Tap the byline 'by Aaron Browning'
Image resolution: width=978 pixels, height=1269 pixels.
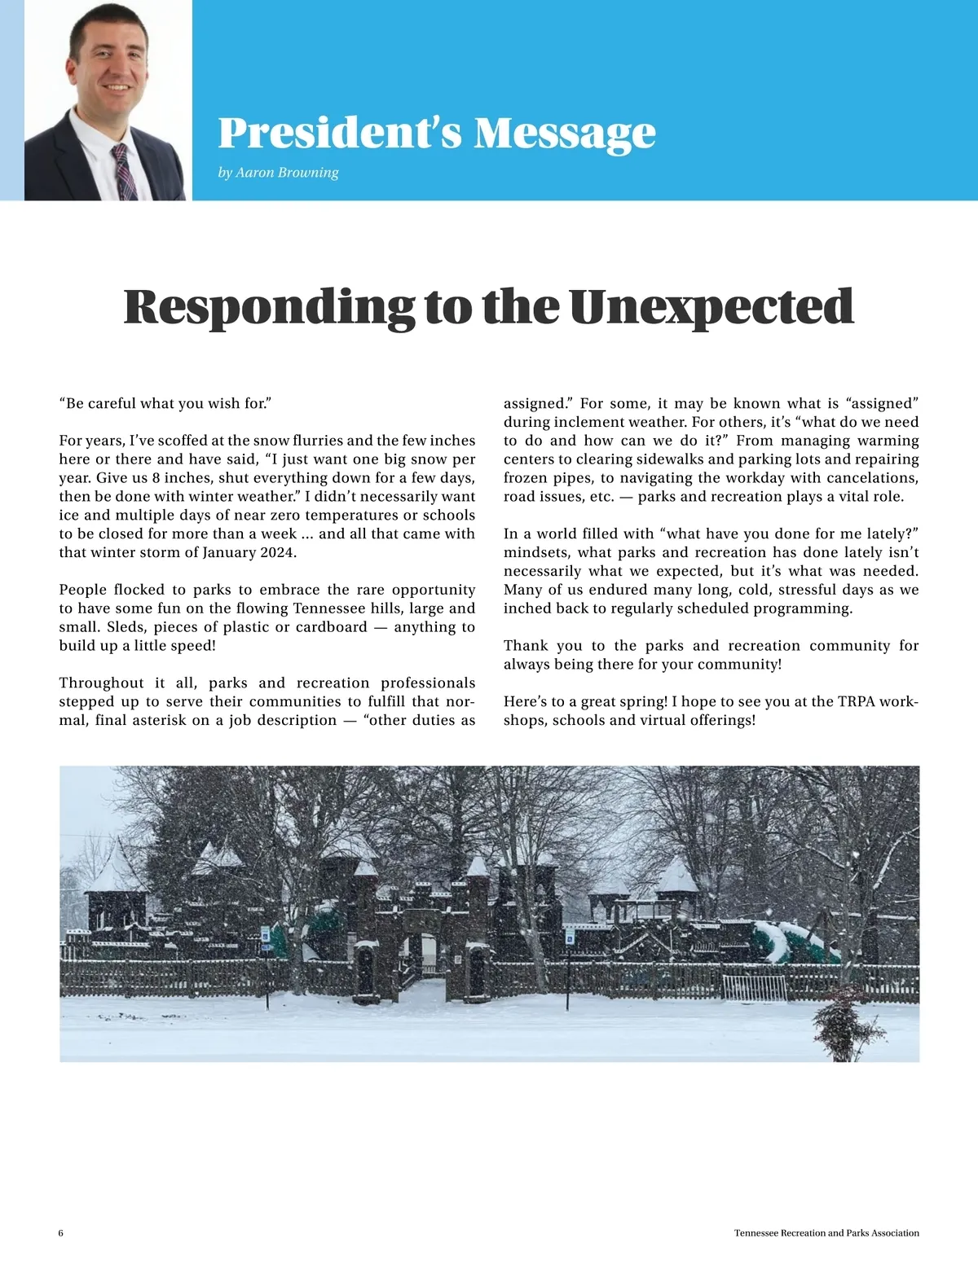click(x=278, y=173)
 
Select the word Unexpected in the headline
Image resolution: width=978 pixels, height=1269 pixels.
click(x=711, y=307)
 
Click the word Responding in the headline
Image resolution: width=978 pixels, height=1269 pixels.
click(x=269, y=307)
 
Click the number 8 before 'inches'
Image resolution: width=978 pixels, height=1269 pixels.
click(x=156, y=478)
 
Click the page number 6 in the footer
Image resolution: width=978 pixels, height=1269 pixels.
click(x=61, y=1233)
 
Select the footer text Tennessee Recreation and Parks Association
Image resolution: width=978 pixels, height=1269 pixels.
click(x=826, y=1233)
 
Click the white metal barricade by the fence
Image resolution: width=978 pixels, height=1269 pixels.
click(x=755, y=988)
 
